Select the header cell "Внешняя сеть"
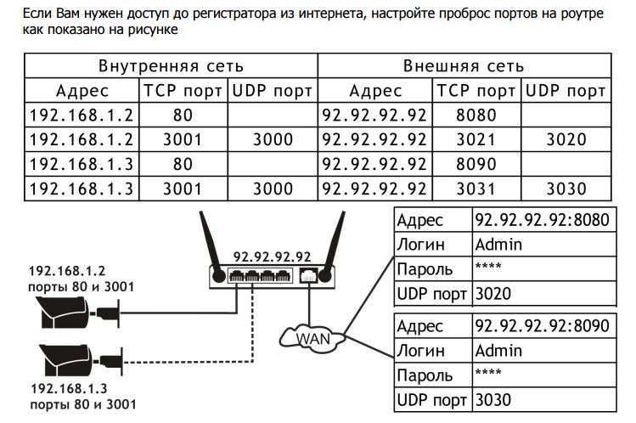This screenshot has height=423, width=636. (463, 66)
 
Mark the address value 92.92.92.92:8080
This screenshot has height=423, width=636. (541, 221)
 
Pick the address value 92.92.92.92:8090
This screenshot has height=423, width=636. (541, 325)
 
